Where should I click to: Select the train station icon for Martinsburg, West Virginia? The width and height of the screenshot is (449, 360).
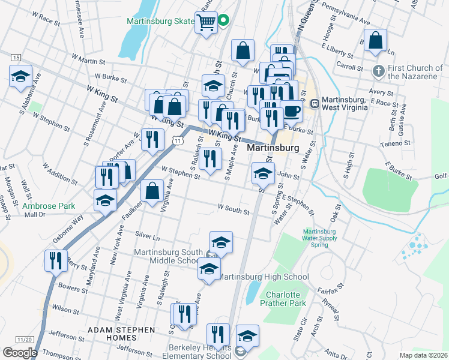pyautogui.click(x=314, y=103)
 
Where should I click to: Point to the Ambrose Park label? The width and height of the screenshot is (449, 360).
pyautogui.click(x=49, y=206)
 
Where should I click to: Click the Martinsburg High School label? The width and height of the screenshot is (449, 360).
pyautogui.click(x=262, y=277)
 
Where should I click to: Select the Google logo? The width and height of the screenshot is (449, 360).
pyautogui.click(x=20, y=352)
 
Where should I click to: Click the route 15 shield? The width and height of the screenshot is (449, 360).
pyautogui.click(x=16, y=57)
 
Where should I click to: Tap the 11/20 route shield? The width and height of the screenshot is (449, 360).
pyautogui.click(x=25, y=340)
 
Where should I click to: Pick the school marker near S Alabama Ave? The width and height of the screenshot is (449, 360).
pyautogui.click(x=20, y=76)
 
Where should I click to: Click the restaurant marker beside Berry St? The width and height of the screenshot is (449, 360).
pyautogui.click(x=53, y=260)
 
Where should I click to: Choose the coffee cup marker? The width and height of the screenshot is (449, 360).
pyautogui.click(x=292, y=111)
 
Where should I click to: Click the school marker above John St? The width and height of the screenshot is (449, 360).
pyautogui.click(x=262, y=173)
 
